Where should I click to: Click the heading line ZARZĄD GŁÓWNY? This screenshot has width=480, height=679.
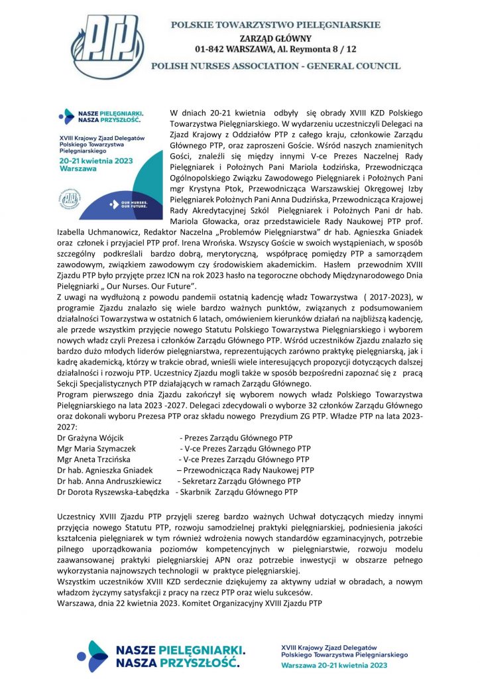point(276,37)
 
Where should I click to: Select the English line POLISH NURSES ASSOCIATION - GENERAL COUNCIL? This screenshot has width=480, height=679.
point(276,66)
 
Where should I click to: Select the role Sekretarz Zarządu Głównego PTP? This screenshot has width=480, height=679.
point(242,481)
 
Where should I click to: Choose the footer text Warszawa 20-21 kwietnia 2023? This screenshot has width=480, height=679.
point(335,664)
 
